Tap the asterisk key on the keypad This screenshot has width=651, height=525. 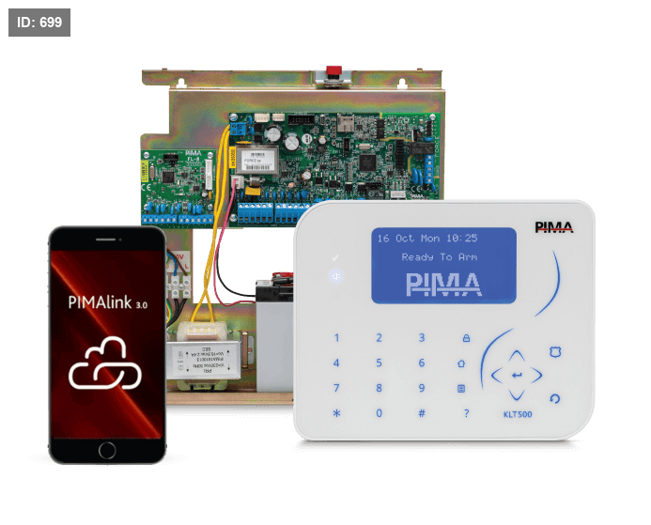(x=336, y=413)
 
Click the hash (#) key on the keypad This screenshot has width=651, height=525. (x=422, y=413)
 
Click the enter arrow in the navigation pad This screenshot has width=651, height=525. (x=517, y=376)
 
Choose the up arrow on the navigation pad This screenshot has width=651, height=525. (x=517, y=355)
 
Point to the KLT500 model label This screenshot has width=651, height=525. (x=519, y=413)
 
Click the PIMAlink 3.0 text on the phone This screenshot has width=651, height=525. (x=108, y=303)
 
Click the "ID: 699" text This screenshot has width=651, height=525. (x=39, y=22)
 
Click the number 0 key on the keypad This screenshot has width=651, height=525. (x=380, y=413)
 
